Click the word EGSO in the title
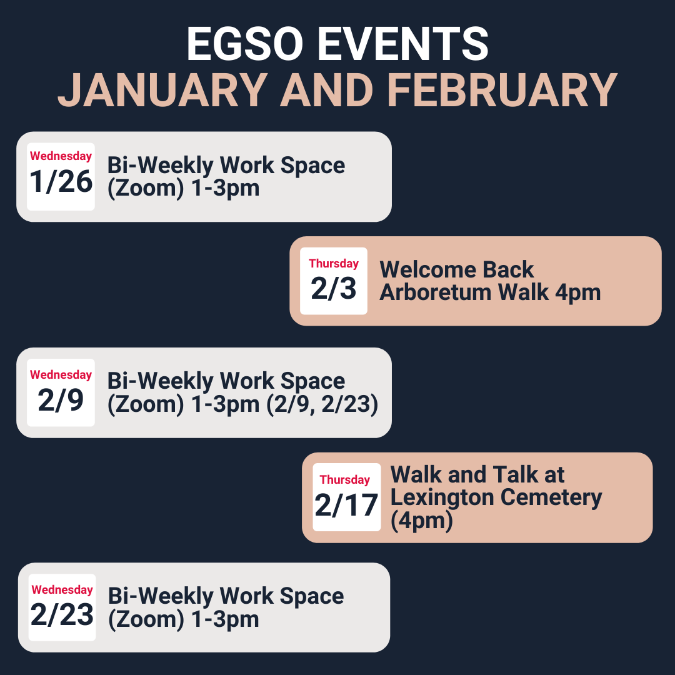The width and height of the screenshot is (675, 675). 244,44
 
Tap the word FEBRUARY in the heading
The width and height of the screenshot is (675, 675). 502,91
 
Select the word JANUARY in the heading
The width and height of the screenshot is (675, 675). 162,91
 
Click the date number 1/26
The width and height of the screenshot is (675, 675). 61,181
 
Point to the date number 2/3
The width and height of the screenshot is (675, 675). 334,288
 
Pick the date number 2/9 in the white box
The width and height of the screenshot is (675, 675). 61,400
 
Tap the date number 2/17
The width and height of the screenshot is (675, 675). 346,505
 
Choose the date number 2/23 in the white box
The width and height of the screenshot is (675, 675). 62,614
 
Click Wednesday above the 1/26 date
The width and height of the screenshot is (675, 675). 61,156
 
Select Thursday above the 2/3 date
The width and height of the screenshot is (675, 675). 334,264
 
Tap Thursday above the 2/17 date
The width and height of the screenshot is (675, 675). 345,479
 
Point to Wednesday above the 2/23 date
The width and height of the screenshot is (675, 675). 62,589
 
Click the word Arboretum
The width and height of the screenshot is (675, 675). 435,292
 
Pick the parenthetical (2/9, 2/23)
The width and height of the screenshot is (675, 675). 322,404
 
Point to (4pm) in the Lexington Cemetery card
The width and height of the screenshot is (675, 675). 421,521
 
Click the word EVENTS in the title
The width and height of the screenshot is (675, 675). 403,44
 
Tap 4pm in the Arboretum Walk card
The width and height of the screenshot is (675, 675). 577,293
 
